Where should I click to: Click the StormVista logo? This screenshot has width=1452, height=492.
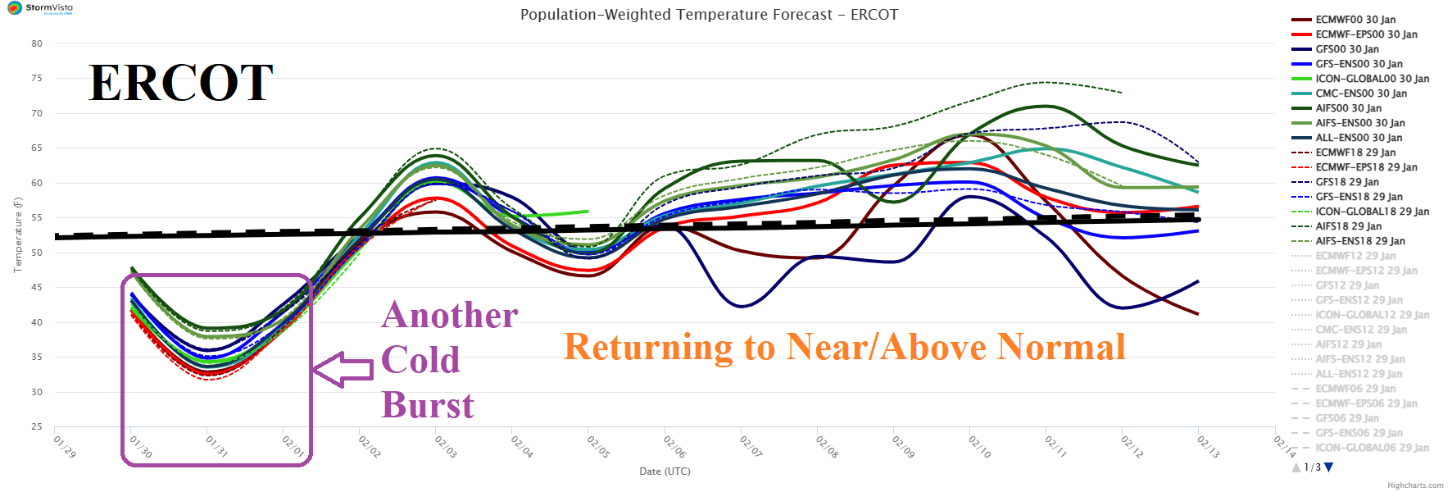(40, 8)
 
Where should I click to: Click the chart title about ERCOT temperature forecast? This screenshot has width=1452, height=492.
(709, 15)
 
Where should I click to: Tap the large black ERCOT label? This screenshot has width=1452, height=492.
(181, 83)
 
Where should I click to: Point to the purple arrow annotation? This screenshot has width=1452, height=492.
(343, 369)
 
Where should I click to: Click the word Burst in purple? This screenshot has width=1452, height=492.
(428, 405)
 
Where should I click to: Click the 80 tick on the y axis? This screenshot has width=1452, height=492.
(37, 43)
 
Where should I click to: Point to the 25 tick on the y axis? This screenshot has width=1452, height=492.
(37, 426)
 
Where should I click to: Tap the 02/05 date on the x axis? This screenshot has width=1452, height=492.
(598, 447)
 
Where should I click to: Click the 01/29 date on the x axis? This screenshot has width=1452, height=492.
(65, 447)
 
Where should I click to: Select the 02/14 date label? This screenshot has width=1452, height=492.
(1284, 447)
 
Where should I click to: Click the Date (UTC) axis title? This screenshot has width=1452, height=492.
(665, 471)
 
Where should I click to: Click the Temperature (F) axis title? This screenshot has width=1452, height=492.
(17, 235)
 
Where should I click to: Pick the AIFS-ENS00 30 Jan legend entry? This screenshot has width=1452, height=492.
(1359, 123)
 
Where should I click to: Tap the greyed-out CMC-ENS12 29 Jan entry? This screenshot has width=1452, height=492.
(1360, 330)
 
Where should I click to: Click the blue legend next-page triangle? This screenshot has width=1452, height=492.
(1329, 467)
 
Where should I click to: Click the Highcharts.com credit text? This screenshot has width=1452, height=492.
(1415, 485)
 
